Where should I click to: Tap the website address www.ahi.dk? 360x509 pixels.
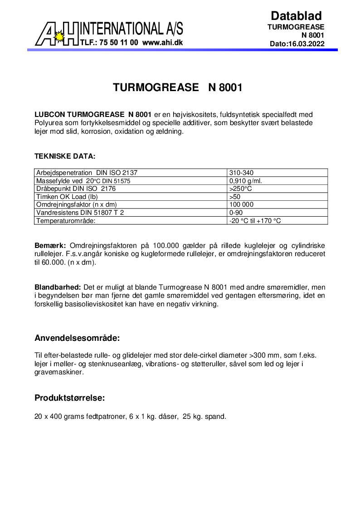(162, 42)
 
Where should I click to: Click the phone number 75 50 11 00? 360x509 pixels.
(117, 42)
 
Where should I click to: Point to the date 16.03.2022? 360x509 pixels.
(306, 44)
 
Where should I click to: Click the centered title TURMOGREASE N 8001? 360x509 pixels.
(178, 87)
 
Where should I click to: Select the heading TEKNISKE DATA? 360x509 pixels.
(65, 156)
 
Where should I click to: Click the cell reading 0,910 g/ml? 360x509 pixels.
(246, 180)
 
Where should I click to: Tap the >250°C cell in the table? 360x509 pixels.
(241, 189)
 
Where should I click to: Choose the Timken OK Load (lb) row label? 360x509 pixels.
(67, 197)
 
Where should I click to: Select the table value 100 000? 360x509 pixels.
(242, 204)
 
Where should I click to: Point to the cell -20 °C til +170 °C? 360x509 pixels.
(255, 221)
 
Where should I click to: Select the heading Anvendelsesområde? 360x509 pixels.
(77, 339)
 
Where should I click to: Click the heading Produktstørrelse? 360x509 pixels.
(70, 398)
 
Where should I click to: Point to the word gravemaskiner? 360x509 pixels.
(59, 372)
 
